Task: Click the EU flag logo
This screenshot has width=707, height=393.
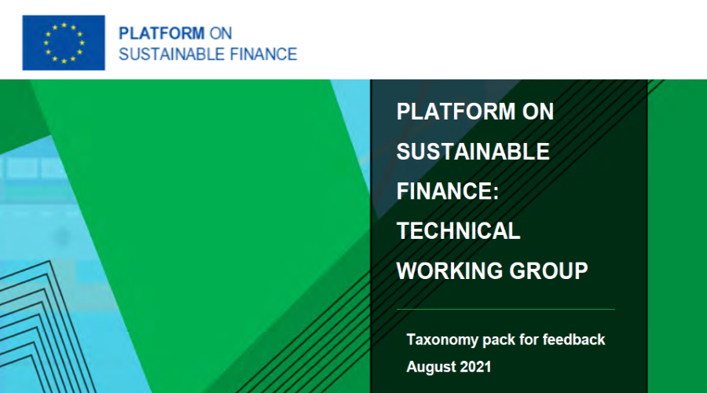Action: (x=64, y=43)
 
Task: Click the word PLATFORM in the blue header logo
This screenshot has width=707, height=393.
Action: (x=161, y=33)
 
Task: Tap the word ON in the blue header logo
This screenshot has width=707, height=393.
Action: (x=221, y=33)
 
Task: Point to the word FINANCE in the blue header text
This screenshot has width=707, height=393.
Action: (x=263, y=54)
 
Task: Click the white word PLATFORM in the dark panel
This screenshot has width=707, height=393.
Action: (x=456, y=112)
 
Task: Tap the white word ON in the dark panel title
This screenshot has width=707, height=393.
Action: (x=538, y=112)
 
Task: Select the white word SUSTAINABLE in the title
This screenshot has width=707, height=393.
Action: (x=473, y=151)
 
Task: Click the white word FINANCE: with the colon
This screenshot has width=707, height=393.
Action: (x=448, y=191)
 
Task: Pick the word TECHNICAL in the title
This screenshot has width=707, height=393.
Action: (x=459, y=230)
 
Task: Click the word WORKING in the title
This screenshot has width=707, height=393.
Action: (x=449, y=270)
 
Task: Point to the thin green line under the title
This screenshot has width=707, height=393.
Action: (x=506, y=309)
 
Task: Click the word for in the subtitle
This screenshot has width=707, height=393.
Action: (x=529, y=340)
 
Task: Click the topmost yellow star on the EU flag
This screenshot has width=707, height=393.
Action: (x=64, y=25)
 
